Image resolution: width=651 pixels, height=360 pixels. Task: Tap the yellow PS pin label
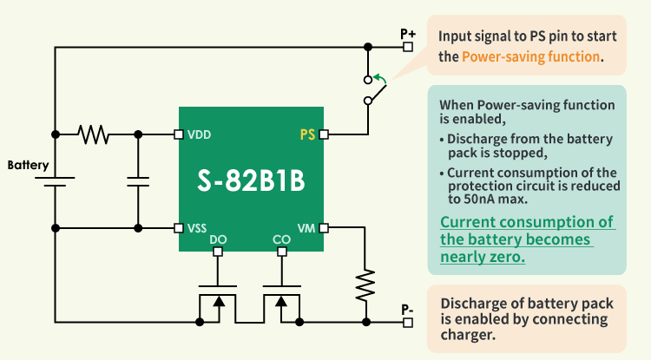[307, 134]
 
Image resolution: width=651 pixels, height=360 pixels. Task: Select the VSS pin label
[197, 228]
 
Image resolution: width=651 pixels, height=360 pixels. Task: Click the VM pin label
[306, 228]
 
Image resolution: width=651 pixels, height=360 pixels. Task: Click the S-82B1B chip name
[251, 183]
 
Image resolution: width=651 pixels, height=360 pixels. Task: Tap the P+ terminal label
[408, 34]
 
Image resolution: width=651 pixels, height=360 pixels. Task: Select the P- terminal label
[407, 308]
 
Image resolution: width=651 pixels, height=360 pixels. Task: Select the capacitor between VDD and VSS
[138, 181]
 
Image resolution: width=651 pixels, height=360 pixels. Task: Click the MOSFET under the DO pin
[217, 303]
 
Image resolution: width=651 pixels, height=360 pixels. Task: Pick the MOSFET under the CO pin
[280, 303]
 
